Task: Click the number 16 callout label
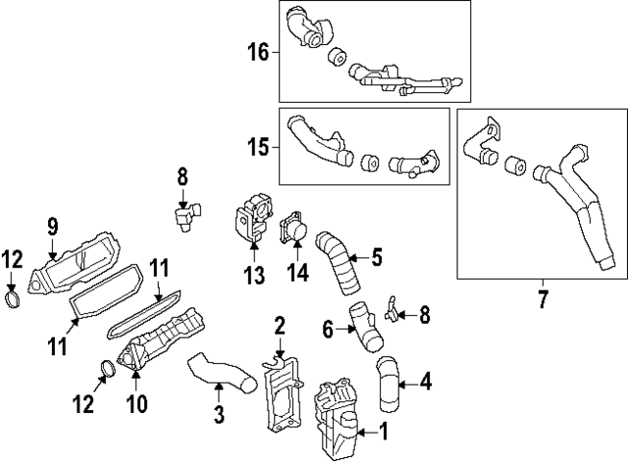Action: coord(258,51)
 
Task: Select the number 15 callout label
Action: coord(258,148)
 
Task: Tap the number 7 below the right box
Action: coord(542,295)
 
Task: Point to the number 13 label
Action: coord(255,278)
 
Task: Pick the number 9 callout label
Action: coord(52,228)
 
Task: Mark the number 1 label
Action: coord(382,430)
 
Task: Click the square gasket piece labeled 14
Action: coord(293,230)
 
